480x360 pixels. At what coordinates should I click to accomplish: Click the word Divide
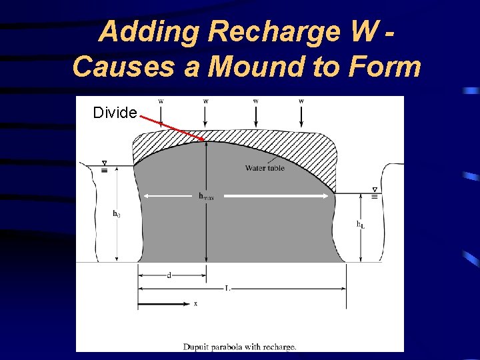[x=115, y=113]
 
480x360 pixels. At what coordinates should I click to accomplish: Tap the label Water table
[x=265, y=168]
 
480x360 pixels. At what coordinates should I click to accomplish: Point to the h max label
[x=206, y=196]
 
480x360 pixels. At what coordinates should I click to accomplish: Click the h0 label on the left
[x=117, y=214]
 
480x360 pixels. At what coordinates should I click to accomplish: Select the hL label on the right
[x=360, y=225]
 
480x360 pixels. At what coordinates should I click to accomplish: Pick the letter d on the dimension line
[x=169, y=275]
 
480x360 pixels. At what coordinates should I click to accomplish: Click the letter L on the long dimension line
[x=228, y=289]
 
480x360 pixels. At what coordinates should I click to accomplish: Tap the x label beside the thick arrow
[x=195, y=304]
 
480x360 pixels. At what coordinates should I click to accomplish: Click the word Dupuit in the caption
[x=198, y=346]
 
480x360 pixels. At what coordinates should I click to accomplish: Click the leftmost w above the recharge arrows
[x=161, y=101]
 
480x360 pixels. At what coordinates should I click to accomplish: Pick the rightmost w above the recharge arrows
[x=301, y=101]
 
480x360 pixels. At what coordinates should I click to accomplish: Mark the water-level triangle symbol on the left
[x=105, y=164]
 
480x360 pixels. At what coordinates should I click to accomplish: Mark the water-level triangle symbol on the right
[x=375, y=190]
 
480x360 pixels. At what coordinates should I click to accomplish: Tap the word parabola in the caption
[x=234, y=346]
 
